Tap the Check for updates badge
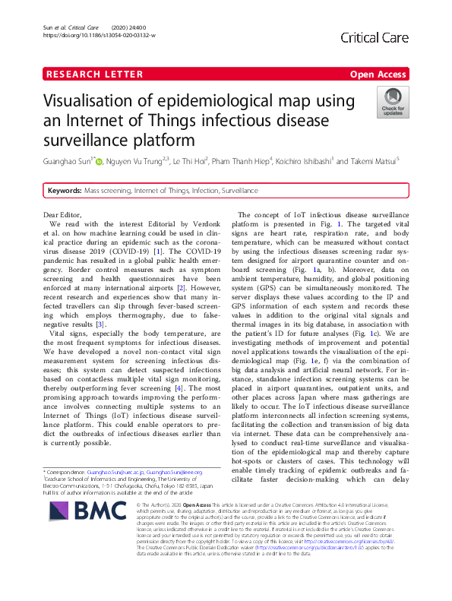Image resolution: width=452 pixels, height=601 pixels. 393,102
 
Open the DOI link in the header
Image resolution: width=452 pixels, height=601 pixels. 100,36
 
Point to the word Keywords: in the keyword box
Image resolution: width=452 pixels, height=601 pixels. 63,190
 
